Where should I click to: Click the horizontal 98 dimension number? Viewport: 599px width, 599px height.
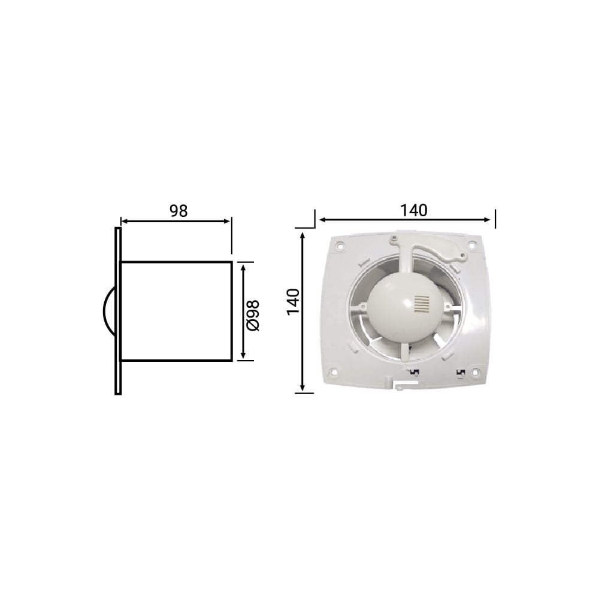pos(179,211)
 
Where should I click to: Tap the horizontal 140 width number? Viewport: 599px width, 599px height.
pos(413,210)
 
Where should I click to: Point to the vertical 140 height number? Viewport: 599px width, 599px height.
pos(293,302)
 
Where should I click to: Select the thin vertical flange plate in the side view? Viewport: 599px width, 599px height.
pos(118,311)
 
